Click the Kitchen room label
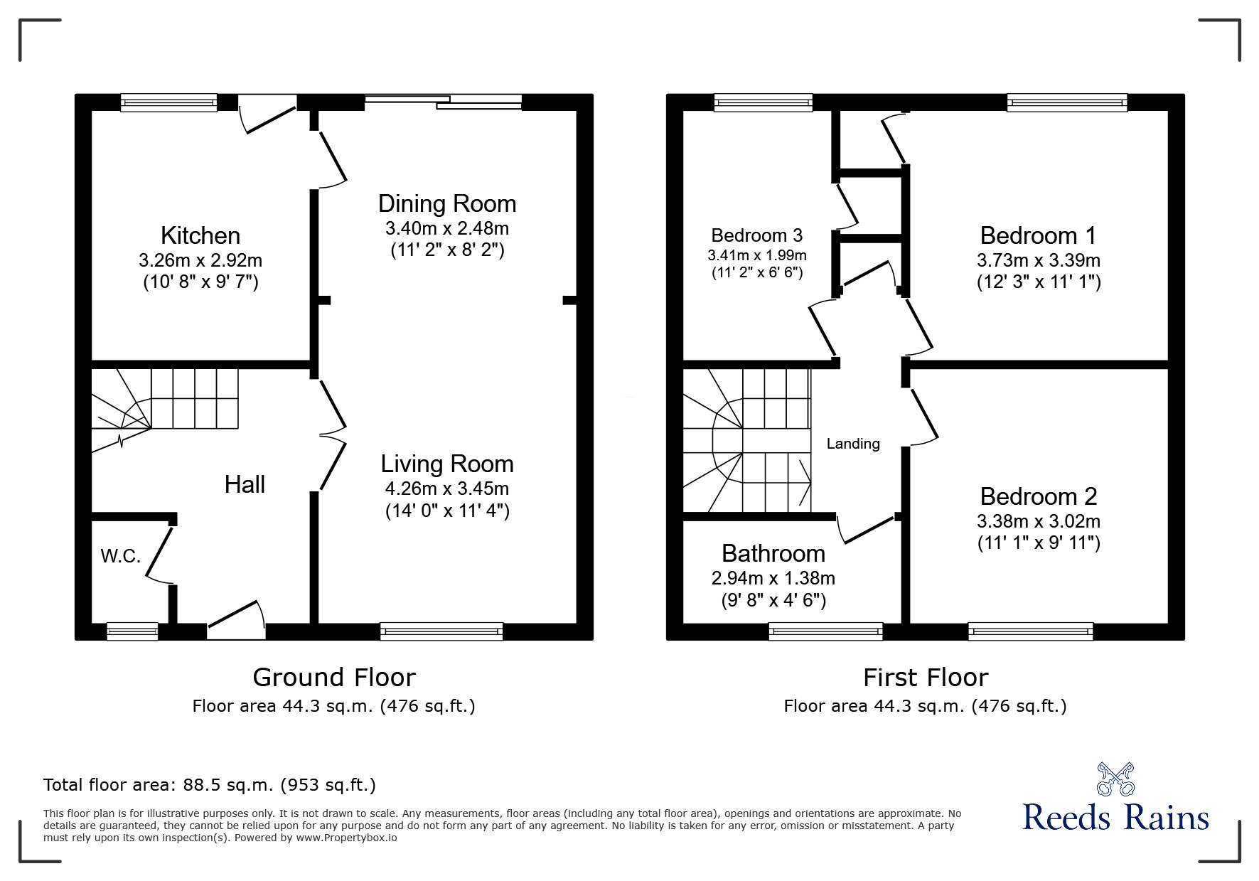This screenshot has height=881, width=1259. (200, 235)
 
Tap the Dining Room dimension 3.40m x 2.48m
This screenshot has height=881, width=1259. (447, 228)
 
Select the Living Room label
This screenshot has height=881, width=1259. (447, 464)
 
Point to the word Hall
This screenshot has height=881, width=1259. (245, 485)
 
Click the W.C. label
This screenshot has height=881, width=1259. (121, 556)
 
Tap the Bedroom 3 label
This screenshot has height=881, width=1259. (756, 235)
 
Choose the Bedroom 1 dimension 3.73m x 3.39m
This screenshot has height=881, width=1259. (1039, 260)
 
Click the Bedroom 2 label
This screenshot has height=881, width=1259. (1039, 496)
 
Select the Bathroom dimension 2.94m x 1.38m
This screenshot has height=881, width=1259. (773, 578)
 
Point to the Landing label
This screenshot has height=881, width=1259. (853, 444)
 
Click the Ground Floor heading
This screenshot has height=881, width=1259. (334, 678)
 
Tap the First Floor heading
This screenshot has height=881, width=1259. (926, 678)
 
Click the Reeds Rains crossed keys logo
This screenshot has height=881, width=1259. (1115, 779)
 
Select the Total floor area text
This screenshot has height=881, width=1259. (210, 785)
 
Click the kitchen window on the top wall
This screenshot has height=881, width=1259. (168, 103)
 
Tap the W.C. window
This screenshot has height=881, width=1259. (132, 631)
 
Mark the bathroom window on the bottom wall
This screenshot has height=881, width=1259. (826, 631)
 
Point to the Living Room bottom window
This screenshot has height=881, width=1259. (441, 631)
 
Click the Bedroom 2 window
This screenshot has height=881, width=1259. (1031, 631)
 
